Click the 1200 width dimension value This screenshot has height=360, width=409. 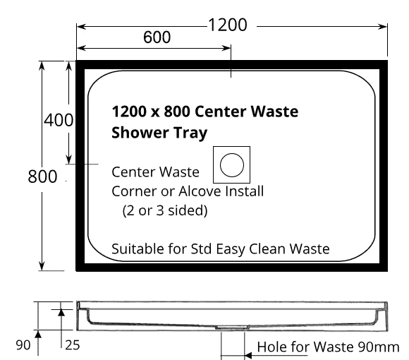tap(228, 25)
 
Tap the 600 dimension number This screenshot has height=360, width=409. tap(157, 37)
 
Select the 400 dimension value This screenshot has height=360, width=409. tap(59, 120)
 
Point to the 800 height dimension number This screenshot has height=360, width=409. tap(42, 176)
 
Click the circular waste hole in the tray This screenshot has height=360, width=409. tap(232, 165)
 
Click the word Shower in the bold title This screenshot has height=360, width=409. tap(140, 133)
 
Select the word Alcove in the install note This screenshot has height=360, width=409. tap(200, 191)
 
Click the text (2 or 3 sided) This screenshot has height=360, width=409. tap(165, 210)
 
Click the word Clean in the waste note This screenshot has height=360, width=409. tap(267, 248)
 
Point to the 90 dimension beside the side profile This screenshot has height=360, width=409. tap(23, 345)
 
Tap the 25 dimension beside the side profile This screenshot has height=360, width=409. tap(72, 345)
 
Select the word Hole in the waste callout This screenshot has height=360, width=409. tap(272, 347)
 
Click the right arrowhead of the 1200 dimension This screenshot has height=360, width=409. tap(383, 26)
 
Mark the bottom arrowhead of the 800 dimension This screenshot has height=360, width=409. tap(42, 265)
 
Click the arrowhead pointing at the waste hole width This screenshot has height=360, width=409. tap(248, 355)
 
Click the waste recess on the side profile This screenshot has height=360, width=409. tap(232, 328)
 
